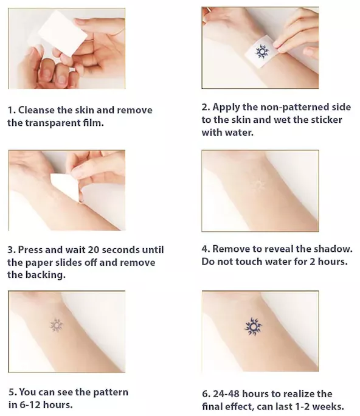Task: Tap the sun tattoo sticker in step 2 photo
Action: [262, 52]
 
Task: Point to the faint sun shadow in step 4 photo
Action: [257, 185]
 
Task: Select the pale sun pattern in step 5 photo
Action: [57, 325]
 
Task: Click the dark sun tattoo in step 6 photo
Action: [253, 327]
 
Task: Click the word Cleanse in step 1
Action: [36, 110]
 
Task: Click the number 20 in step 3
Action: [94, 249]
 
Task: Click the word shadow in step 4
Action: [333, 249]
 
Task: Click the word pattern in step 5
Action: [111, 392]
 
